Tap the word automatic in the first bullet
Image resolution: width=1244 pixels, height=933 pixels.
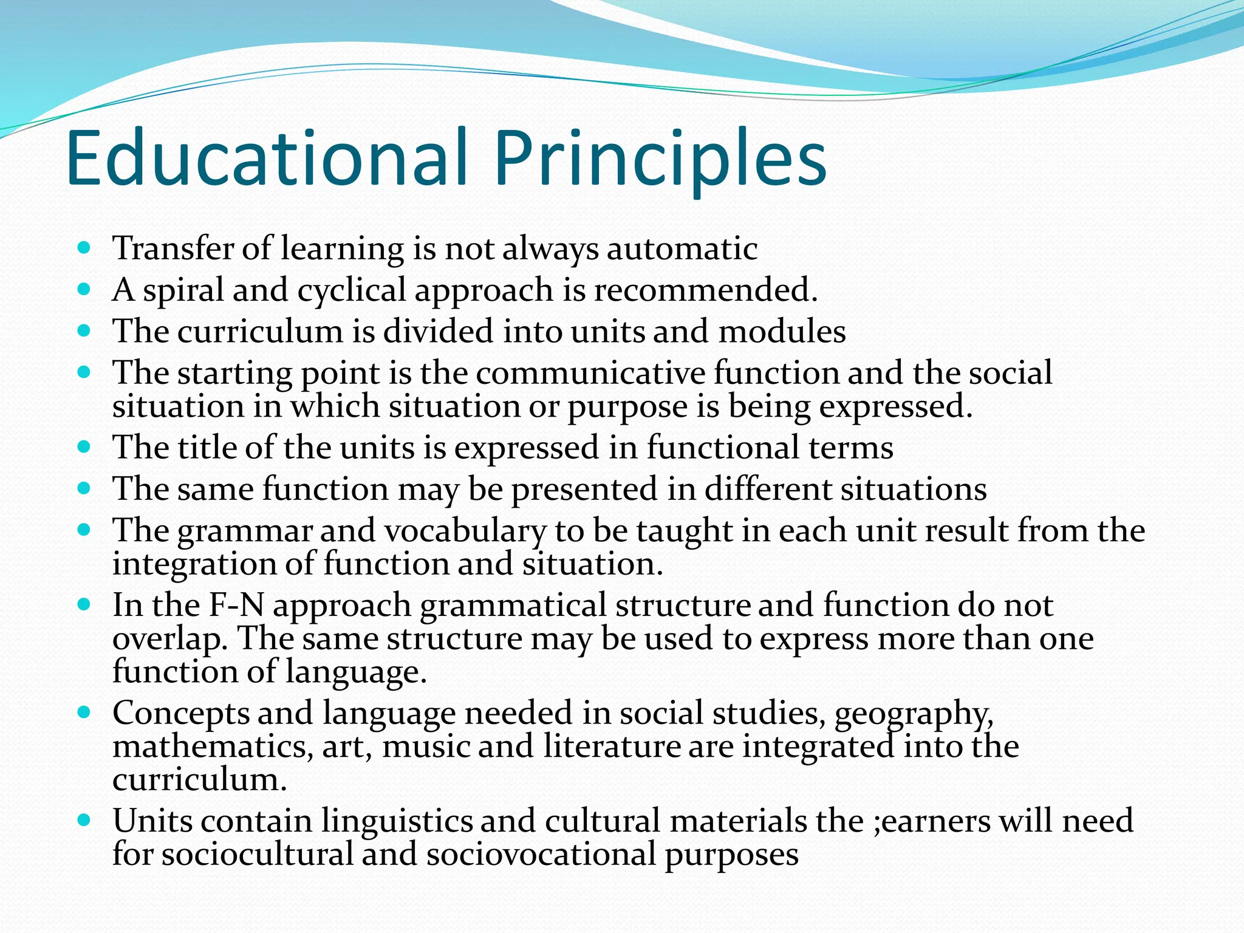coord(682,249)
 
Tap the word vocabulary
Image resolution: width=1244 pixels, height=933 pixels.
coord(465,531)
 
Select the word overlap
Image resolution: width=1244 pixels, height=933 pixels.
coord(170,640)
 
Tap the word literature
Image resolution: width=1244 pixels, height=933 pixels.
coord(612,747)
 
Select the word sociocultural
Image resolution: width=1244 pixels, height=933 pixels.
coord(257,855)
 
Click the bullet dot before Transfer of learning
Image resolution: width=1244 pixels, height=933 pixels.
coord(84,248)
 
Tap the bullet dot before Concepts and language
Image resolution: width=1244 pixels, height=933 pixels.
coord(84,713)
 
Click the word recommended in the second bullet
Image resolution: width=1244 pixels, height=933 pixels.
coord(705,290)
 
